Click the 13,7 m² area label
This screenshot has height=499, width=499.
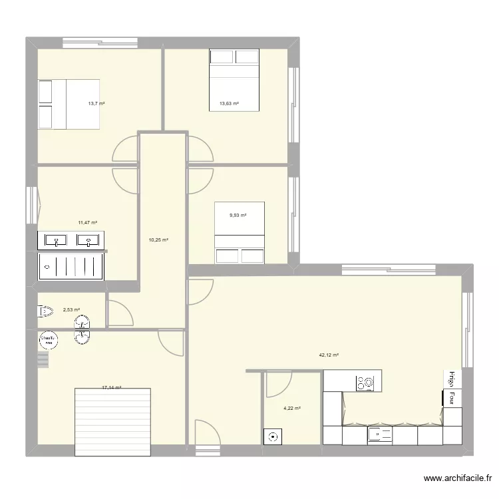[x=96, y=104]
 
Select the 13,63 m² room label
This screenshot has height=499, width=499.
[x=229, y=104]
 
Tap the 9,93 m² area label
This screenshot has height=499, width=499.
[x=238, y=215]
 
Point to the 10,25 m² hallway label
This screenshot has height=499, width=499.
[x=158, y=240]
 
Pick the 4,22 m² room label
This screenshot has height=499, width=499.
[x=292, y=409]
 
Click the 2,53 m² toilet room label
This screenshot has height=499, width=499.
[x=71, y=309]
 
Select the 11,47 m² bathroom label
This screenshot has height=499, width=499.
[x=88, y=223]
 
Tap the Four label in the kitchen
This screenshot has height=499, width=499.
[x=451, y=398]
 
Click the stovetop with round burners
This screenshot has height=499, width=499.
[x=365, y=383]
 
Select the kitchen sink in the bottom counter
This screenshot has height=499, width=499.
[x=381, y=436]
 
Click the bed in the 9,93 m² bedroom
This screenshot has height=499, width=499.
[x=240, y=233]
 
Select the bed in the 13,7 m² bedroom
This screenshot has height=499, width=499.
[x=69, y=104]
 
